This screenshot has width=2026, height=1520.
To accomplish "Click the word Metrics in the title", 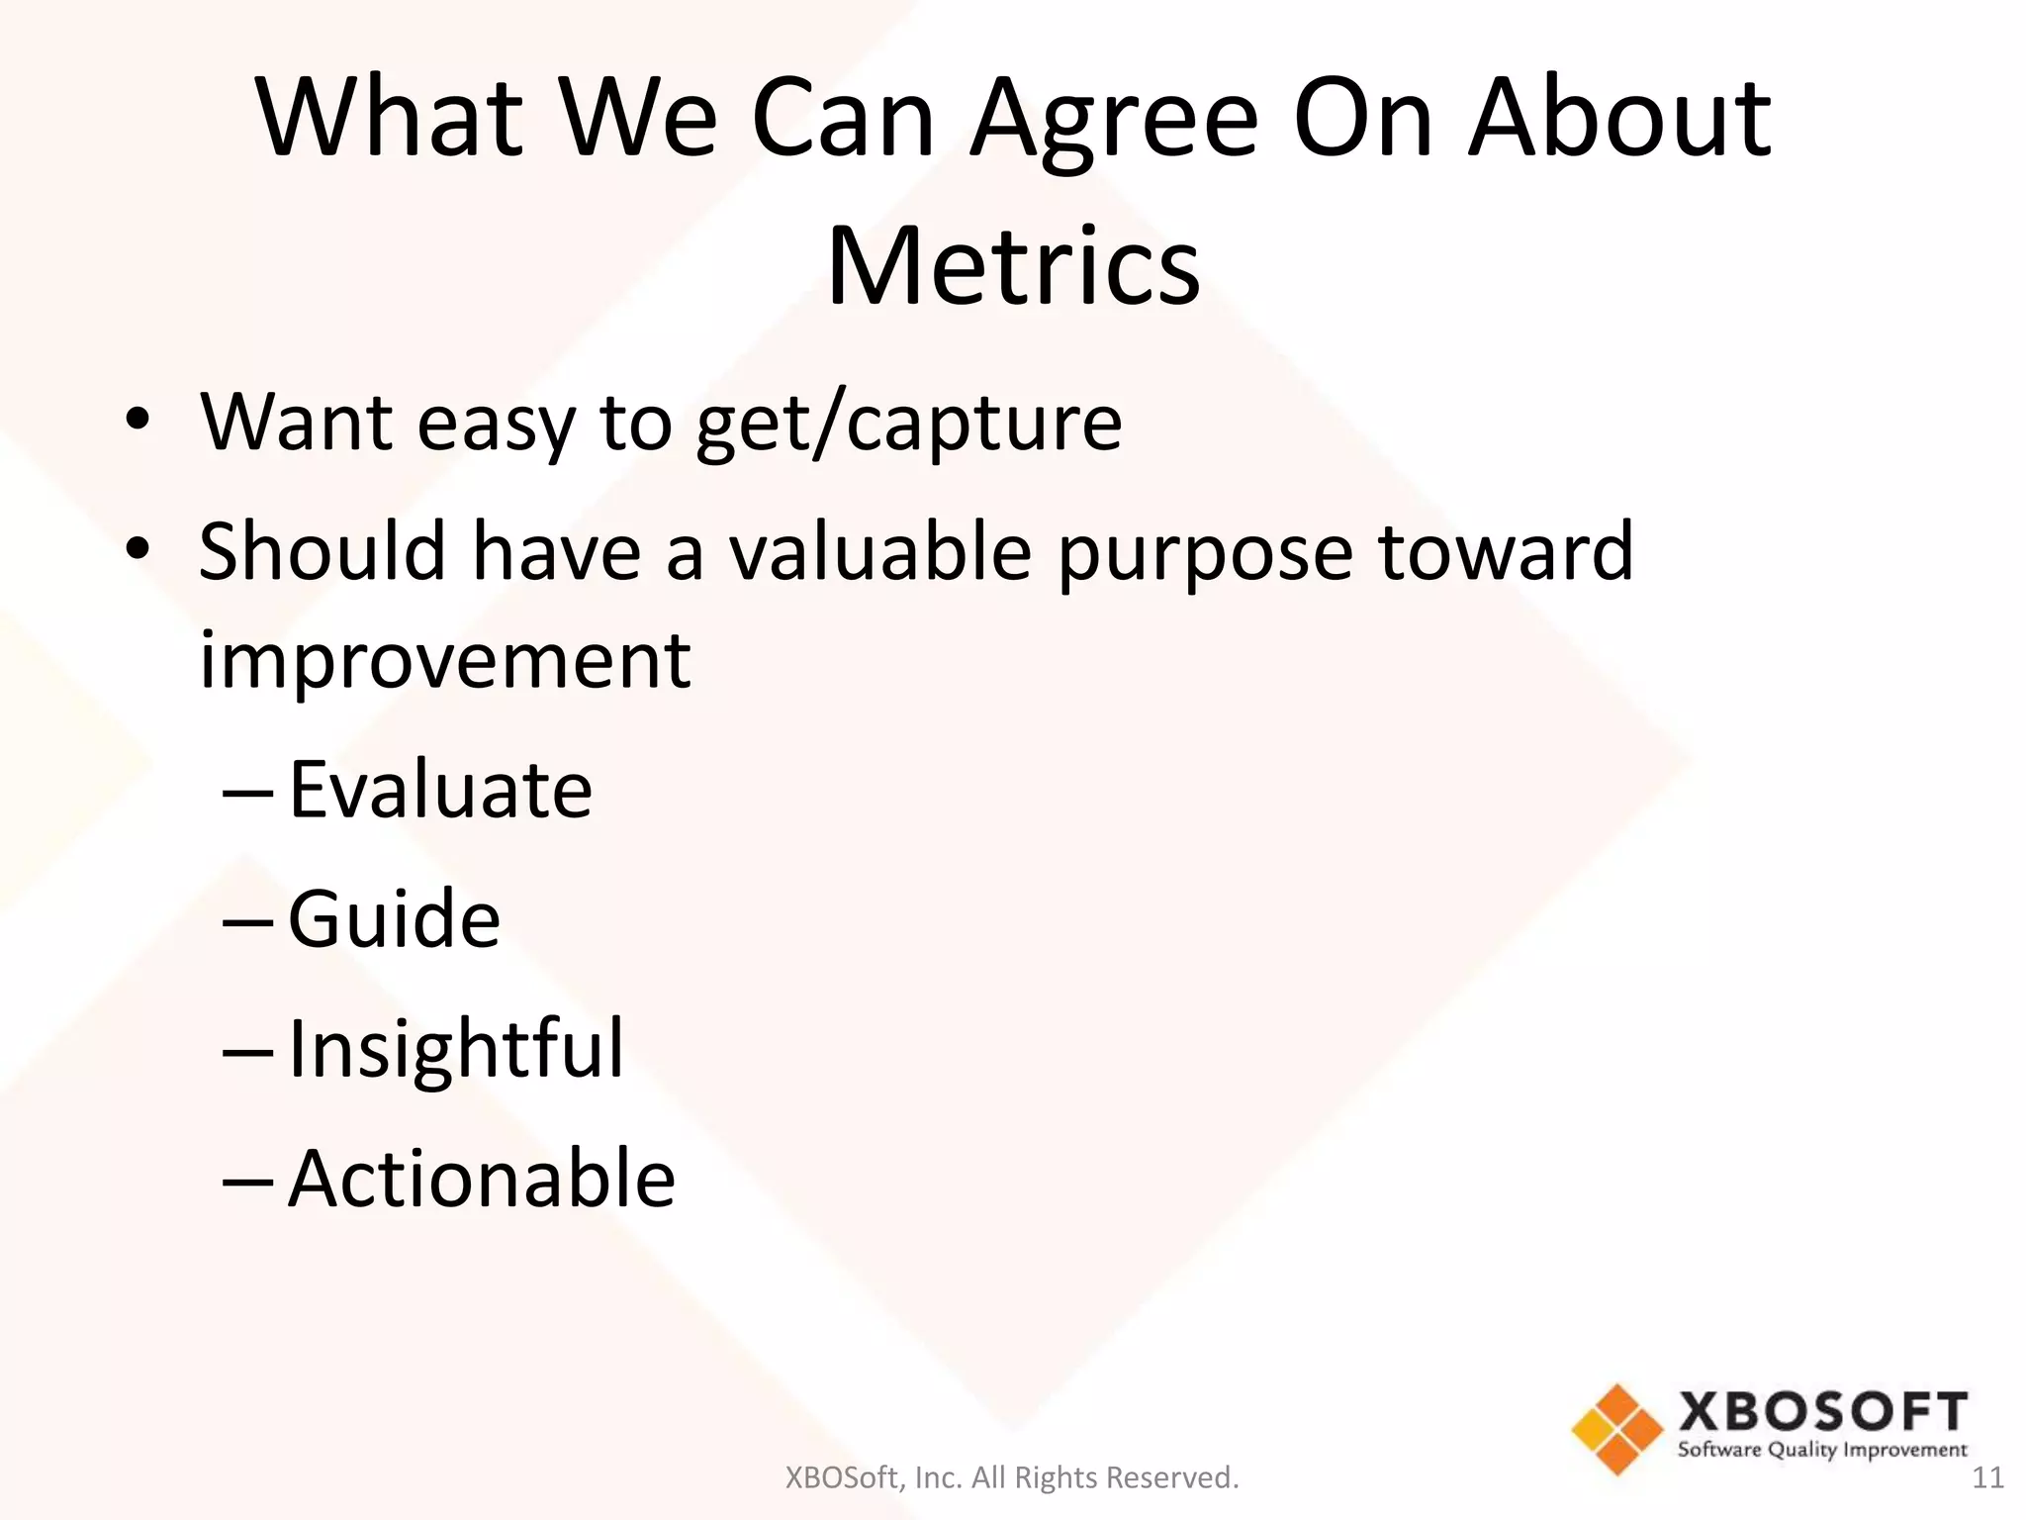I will (x=1013, y=266).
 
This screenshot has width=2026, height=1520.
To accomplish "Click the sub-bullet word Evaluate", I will (x=440, y=790).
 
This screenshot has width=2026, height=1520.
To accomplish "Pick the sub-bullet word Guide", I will (x=394, y=919).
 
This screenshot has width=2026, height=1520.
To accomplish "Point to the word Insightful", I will (x=456, y=1048).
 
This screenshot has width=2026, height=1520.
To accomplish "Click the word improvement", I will (x=445, y=660).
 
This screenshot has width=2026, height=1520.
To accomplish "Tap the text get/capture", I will (x=909, y=424).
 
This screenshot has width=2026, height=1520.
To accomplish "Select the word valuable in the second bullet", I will (x=881, y=551).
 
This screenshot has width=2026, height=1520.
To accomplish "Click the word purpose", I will (x=1205, y=553).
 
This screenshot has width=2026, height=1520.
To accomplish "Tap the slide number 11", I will (x=1987, y=1478).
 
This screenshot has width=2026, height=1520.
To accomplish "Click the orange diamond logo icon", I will (x=1616, y=1429).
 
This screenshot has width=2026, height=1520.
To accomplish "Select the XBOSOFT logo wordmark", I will (x=1822, y=1412).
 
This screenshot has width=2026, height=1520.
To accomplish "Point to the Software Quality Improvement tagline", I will (x=1822, y=1451).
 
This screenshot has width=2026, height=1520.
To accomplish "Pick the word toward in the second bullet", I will (x=1506, y=551).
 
